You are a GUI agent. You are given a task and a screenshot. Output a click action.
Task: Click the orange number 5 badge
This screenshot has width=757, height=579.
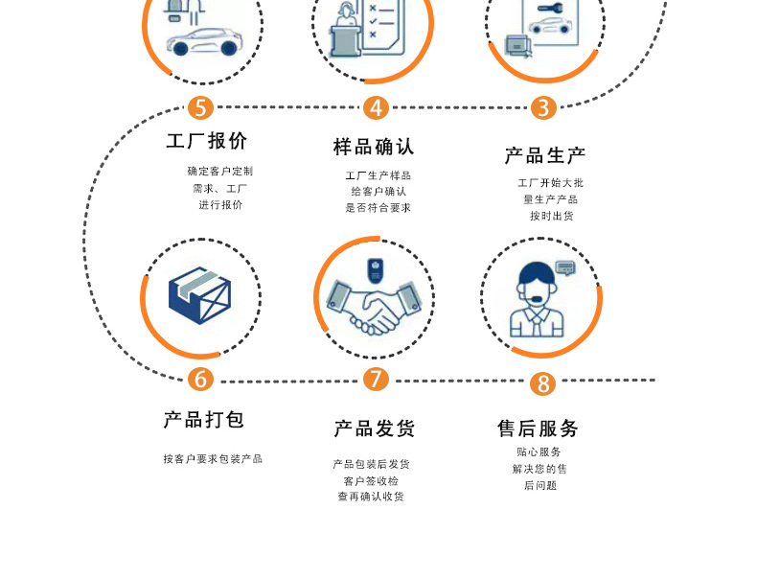pyautogui.click(x=200, y=107)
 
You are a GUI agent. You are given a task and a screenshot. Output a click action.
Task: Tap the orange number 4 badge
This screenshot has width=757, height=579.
pyautogui.click(x=377, y=107)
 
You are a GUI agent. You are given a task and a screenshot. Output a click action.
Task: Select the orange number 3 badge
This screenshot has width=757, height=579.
pyautogui.click(x=543, y=107)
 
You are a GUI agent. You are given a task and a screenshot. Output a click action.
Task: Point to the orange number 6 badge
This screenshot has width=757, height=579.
pyautogui.click(x=200, y=379)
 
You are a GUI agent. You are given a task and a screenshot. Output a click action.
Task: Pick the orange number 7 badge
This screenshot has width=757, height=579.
pyautogui.click(x=377, y=379)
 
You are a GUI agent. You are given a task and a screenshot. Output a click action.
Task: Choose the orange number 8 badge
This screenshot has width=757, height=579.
pyautogui.click(x=543, y=383)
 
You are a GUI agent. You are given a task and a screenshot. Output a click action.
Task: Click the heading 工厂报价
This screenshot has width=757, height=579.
pyautogui.click(x=207, y=141)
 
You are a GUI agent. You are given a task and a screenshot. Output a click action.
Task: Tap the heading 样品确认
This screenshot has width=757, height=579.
pyautogui.click(x=374, y=147)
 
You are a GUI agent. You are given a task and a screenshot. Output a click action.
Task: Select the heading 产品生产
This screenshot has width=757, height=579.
pyautogui.click(x=545, y=155)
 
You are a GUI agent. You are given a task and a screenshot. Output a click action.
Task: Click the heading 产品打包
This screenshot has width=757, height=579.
pyautogui.click(x=204, y=420)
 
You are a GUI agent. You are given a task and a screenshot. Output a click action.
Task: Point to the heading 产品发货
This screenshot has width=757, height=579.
pyautogui.click(x=374, y=428)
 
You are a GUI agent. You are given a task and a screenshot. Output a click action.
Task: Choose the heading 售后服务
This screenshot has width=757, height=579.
pyautogui.click(x=538, y=428)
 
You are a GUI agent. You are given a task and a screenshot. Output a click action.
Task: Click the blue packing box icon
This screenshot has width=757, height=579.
pyautogui.click(x=200, y=296)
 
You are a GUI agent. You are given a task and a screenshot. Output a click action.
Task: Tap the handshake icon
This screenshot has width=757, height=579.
pyautogui.click(x=373, y=307)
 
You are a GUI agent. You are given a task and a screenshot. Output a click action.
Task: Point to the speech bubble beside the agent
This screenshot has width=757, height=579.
pyautogui.click(x=565, y=267)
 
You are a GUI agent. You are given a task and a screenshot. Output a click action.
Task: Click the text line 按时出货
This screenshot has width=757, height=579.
pyautogui.click(x=552, y=217)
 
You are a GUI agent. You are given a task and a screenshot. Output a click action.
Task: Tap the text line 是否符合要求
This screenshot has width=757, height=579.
pyautogui.click(x=378, y=207)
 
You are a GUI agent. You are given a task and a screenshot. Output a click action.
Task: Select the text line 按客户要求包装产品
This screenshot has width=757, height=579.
pyautogui.click(x=213, y=459)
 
